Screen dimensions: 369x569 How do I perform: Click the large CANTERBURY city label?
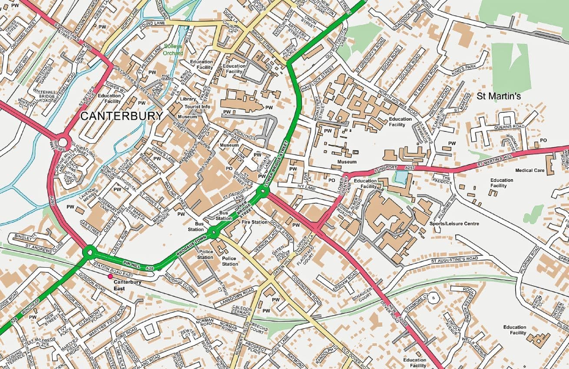(x=122, y=116)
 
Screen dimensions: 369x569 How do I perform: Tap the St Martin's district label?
(x=499, y=96)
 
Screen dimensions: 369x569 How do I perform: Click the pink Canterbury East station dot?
(x=110, y=276)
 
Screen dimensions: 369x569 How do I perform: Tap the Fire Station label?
(x=255, y=222)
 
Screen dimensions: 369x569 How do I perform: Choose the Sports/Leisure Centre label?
(x=454, y=224)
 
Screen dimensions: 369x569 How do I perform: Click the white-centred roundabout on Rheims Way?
(x=62, y=142)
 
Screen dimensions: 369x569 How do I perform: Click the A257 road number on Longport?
(x=410, y=167)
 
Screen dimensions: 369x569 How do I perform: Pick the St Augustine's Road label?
(x=455, y=260)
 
